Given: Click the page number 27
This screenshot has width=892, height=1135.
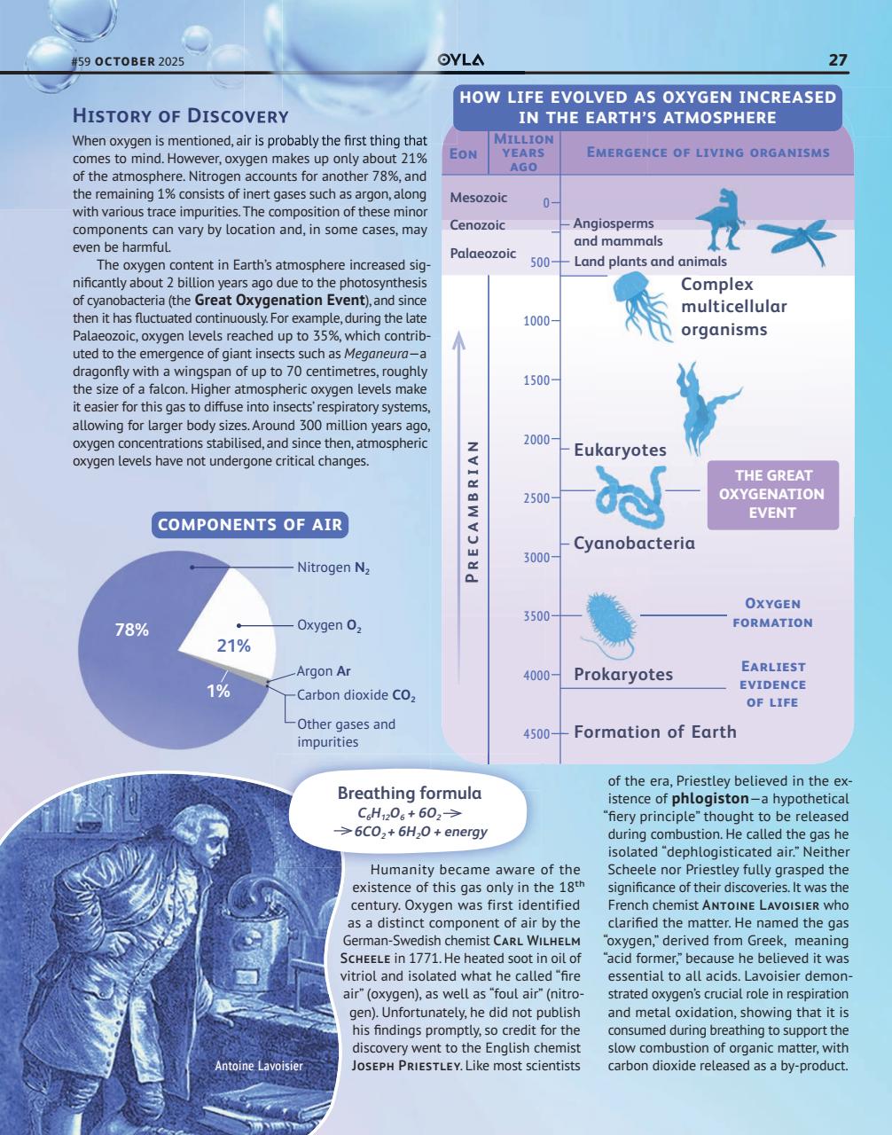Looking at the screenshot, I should (837, 60).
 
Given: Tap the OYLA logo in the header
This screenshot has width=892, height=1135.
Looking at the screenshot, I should (462, 60).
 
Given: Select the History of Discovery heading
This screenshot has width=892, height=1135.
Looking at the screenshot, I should (180, 116).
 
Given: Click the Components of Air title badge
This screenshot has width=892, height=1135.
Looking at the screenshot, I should (249, 525).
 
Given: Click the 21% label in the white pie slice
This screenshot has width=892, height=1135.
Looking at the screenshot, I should (234, 646).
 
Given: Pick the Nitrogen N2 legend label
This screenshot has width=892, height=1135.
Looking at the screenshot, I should (333, 567).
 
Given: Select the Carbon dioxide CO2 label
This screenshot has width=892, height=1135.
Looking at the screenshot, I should (356, 696).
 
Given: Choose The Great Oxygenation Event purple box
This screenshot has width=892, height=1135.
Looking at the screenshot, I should (771, 495).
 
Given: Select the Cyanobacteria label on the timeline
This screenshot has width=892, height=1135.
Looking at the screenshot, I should (634, 543).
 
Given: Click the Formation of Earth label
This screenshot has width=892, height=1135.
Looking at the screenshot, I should (654, 732).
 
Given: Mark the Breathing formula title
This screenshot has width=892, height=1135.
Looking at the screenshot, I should (410, 793).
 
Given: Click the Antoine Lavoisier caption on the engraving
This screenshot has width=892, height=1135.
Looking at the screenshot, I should (259, 1065).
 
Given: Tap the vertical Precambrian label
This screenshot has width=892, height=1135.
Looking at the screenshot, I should (472, 511).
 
